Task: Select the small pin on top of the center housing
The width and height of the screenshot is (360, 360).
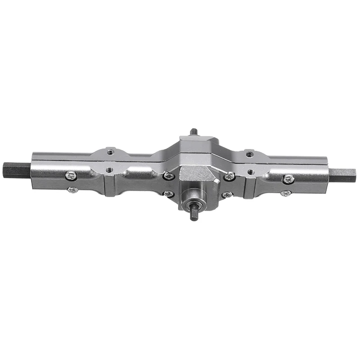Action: (193, 132)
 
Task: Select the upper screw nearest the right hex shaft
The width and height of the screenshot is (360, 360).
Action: (288, 179)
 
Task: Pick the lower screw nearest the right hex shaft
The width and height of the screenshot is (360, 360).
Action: (285, 193)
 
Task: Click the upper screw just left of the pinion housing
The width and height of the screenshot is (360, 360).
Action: (168, 176)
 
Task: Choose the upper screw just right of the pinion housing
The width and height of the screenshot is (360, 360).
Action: (229, 176)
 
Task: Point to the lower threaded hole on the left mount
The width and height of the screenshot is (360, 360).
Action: (109, 170)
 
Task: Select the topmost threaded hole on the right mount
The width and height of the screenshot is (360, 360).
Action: (250, 154)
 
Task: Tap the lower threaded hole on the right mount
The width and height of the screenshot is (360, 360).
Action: (251, 172)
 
